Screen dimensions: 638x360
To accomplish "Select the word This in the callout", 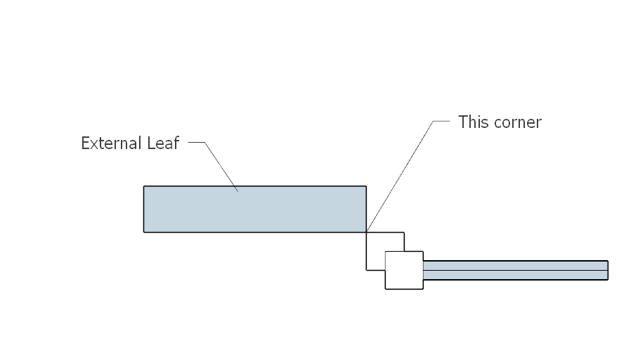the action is (473, 122).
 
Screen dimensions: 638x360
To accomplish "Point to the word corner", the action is (516, 123).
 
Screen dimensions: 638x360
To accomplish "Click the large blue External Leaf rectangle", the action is (255, 210).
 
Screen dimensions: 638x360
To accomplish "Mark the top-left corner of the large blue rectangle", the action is (143, 186).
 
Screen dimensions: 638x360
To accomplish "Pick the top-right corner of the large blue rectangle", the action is (366, 186).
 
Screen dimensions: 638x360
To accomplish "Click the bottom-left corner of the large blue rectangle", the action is (143, 233).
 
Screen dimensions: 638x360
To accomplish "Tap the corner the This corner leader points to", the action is (366, 233).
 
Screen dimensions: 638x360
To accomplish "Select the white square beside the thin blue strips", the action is (404, 271).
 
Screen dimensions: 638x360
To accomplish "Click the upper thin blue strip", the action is (516, 265).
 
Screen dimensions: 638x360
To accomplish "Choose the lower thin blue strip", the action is (516, 275).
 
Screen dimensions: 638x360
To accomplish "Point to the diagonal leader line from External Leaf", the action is (221, 167).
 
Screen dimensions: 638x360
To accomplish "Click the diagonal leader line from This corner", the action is (400, 176).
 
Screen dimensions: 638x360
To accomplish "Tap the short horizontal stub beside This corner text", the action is (441, 121).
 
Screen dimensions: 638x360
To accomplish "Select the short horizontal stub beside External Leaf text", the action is (197, 142).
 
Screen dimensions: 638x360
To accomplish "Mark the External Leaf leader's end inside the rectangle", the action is (238, 191).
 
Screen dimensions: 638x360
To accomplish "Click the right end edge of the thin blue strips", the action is (608, 271).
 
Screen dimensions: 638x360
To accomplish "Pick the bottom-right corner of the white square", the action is (423, 289).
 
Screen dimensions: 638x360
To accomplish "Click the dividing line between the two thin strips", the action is (516, 270).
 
